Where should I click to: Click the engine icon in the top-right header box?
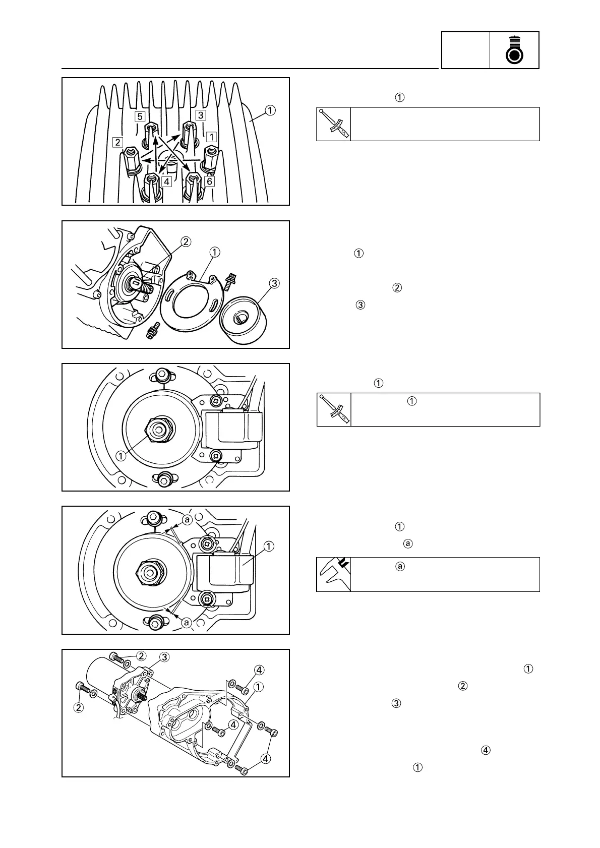[514, 51]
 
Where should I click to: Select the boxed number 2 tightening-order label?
[118, 142]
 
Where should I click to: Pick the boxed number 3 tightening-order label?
[200, 115]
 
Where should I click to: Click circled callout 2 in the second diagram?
[186, 242]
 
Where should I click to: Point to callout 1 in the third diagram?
[121, 455]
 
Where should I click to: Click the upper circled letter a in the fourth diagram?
[187, 520]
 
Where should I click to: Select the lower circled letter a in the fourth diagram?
[187, 623]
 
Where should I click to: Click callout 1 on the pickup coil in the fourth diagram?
[269, 546]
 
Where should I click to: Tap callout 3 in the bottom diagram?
[164, 656]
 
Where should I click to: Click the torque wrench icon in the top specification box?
[333, 124]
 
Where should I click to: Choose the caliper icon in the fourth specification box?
[333, 574]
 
